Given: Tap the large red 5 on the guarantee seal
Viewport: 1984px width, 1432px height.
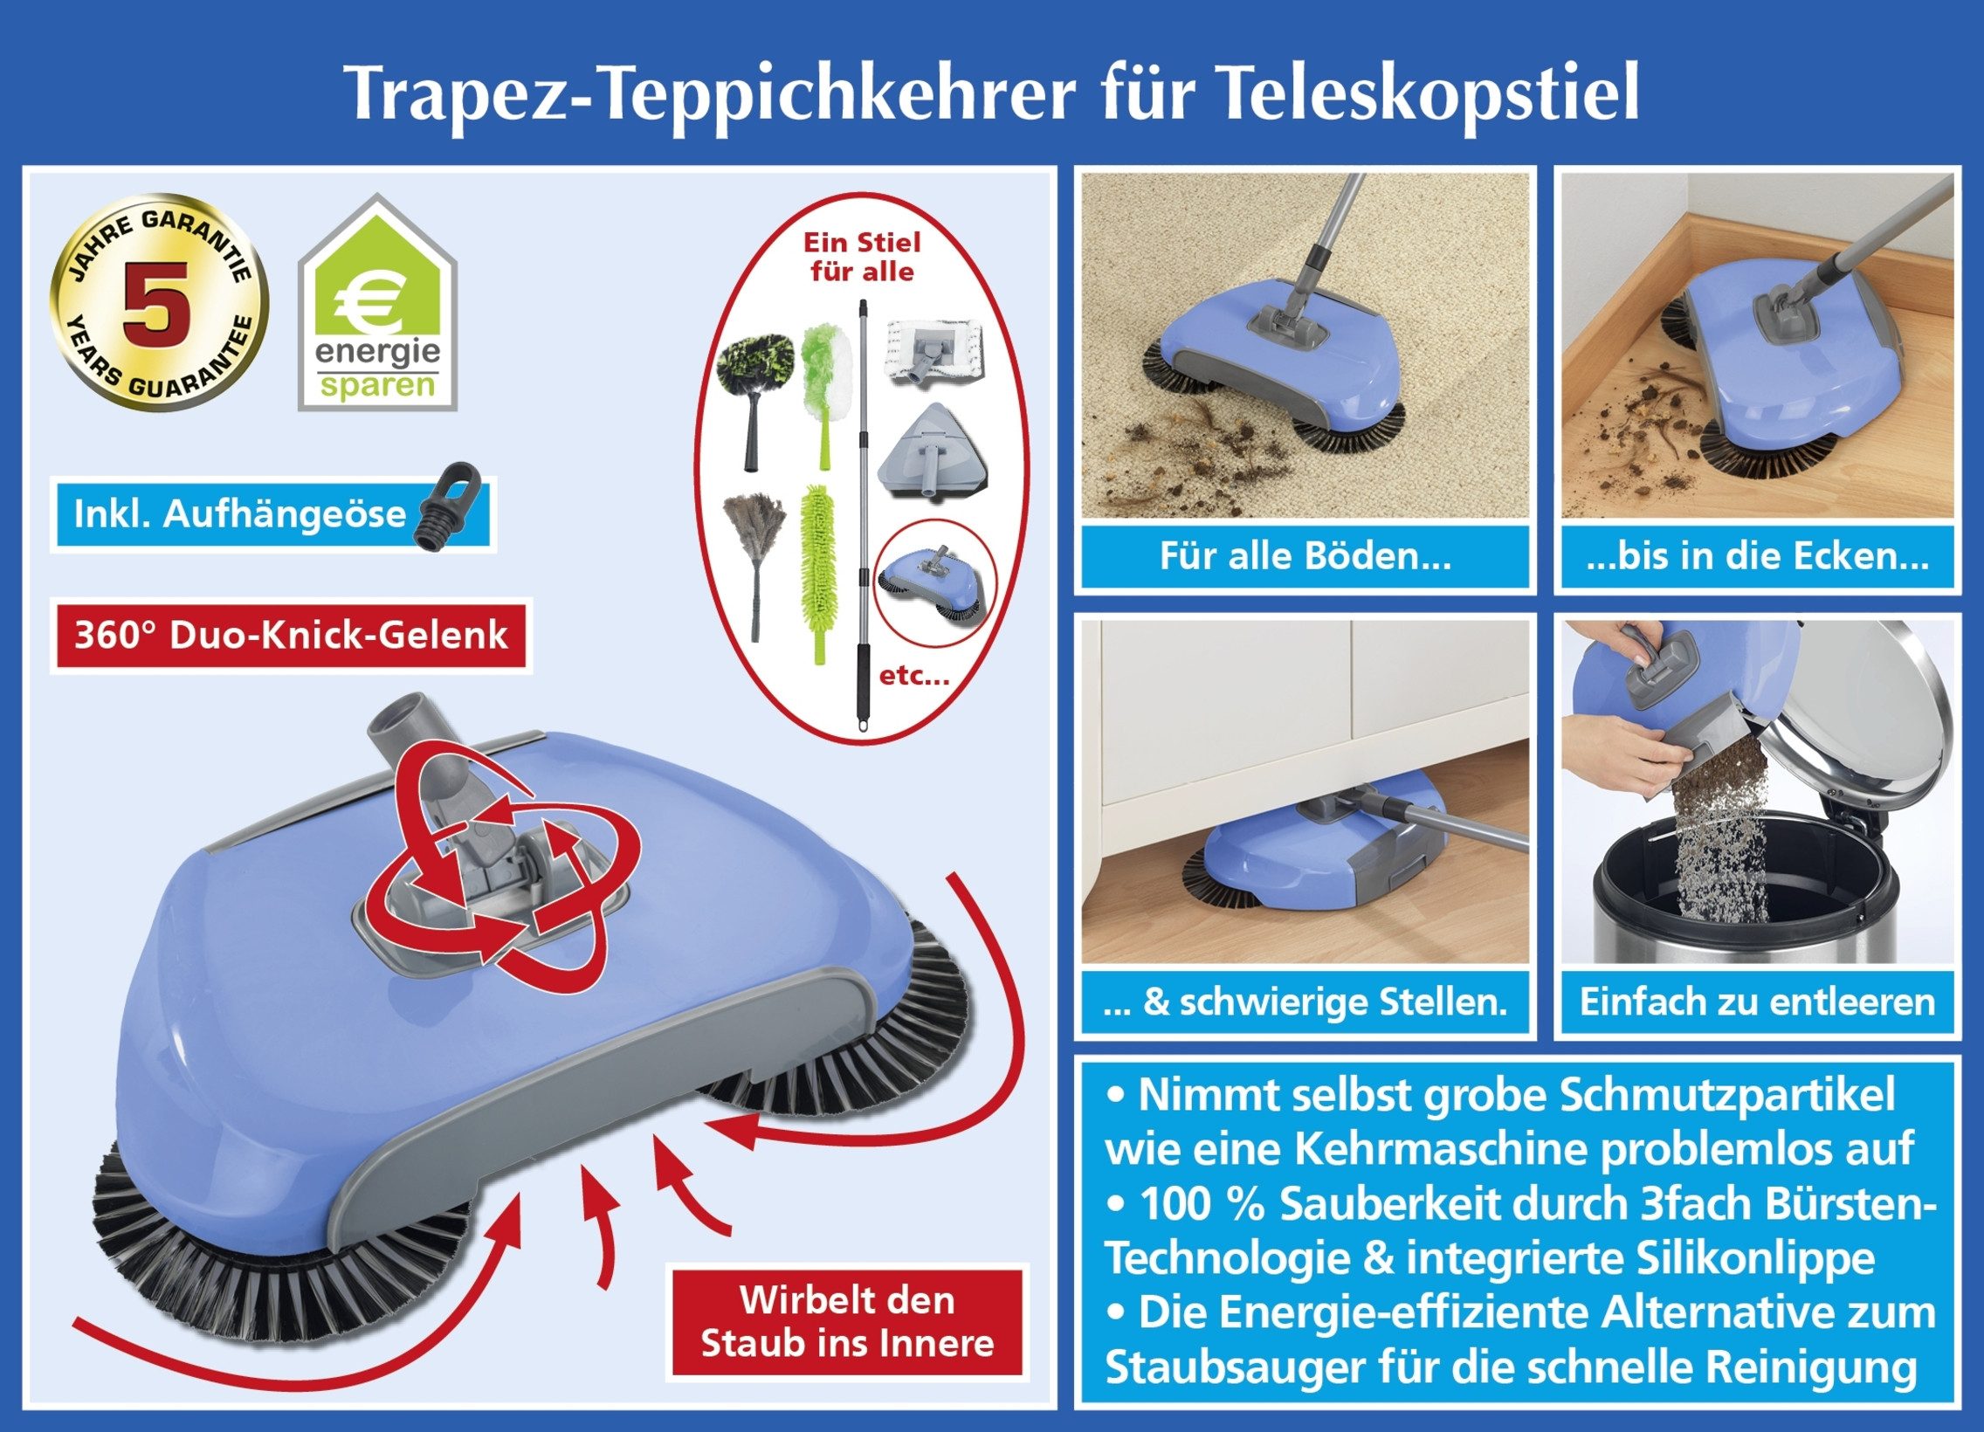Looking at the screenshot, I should coord(157,302).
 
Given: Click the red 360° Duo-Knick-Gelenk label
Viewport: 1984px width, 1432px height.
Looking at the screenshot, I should coord(291,635).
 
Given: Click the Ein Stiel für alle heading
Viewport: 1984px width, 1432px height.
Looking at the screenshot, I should coord(862,258).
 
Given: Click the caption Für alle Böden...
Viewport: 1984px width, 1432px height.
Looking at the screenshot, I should coord(1305,557).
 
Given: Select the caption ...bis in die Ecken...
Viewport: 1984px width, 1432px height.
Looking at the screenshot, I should coord(1757,557).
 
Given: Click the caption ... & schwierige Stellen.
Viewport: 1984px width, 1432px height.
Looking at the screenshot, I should coord(1305,1002).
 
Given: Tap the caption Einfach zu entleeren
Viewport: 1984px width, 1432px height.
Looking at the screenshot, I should coord(1757,1002).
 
